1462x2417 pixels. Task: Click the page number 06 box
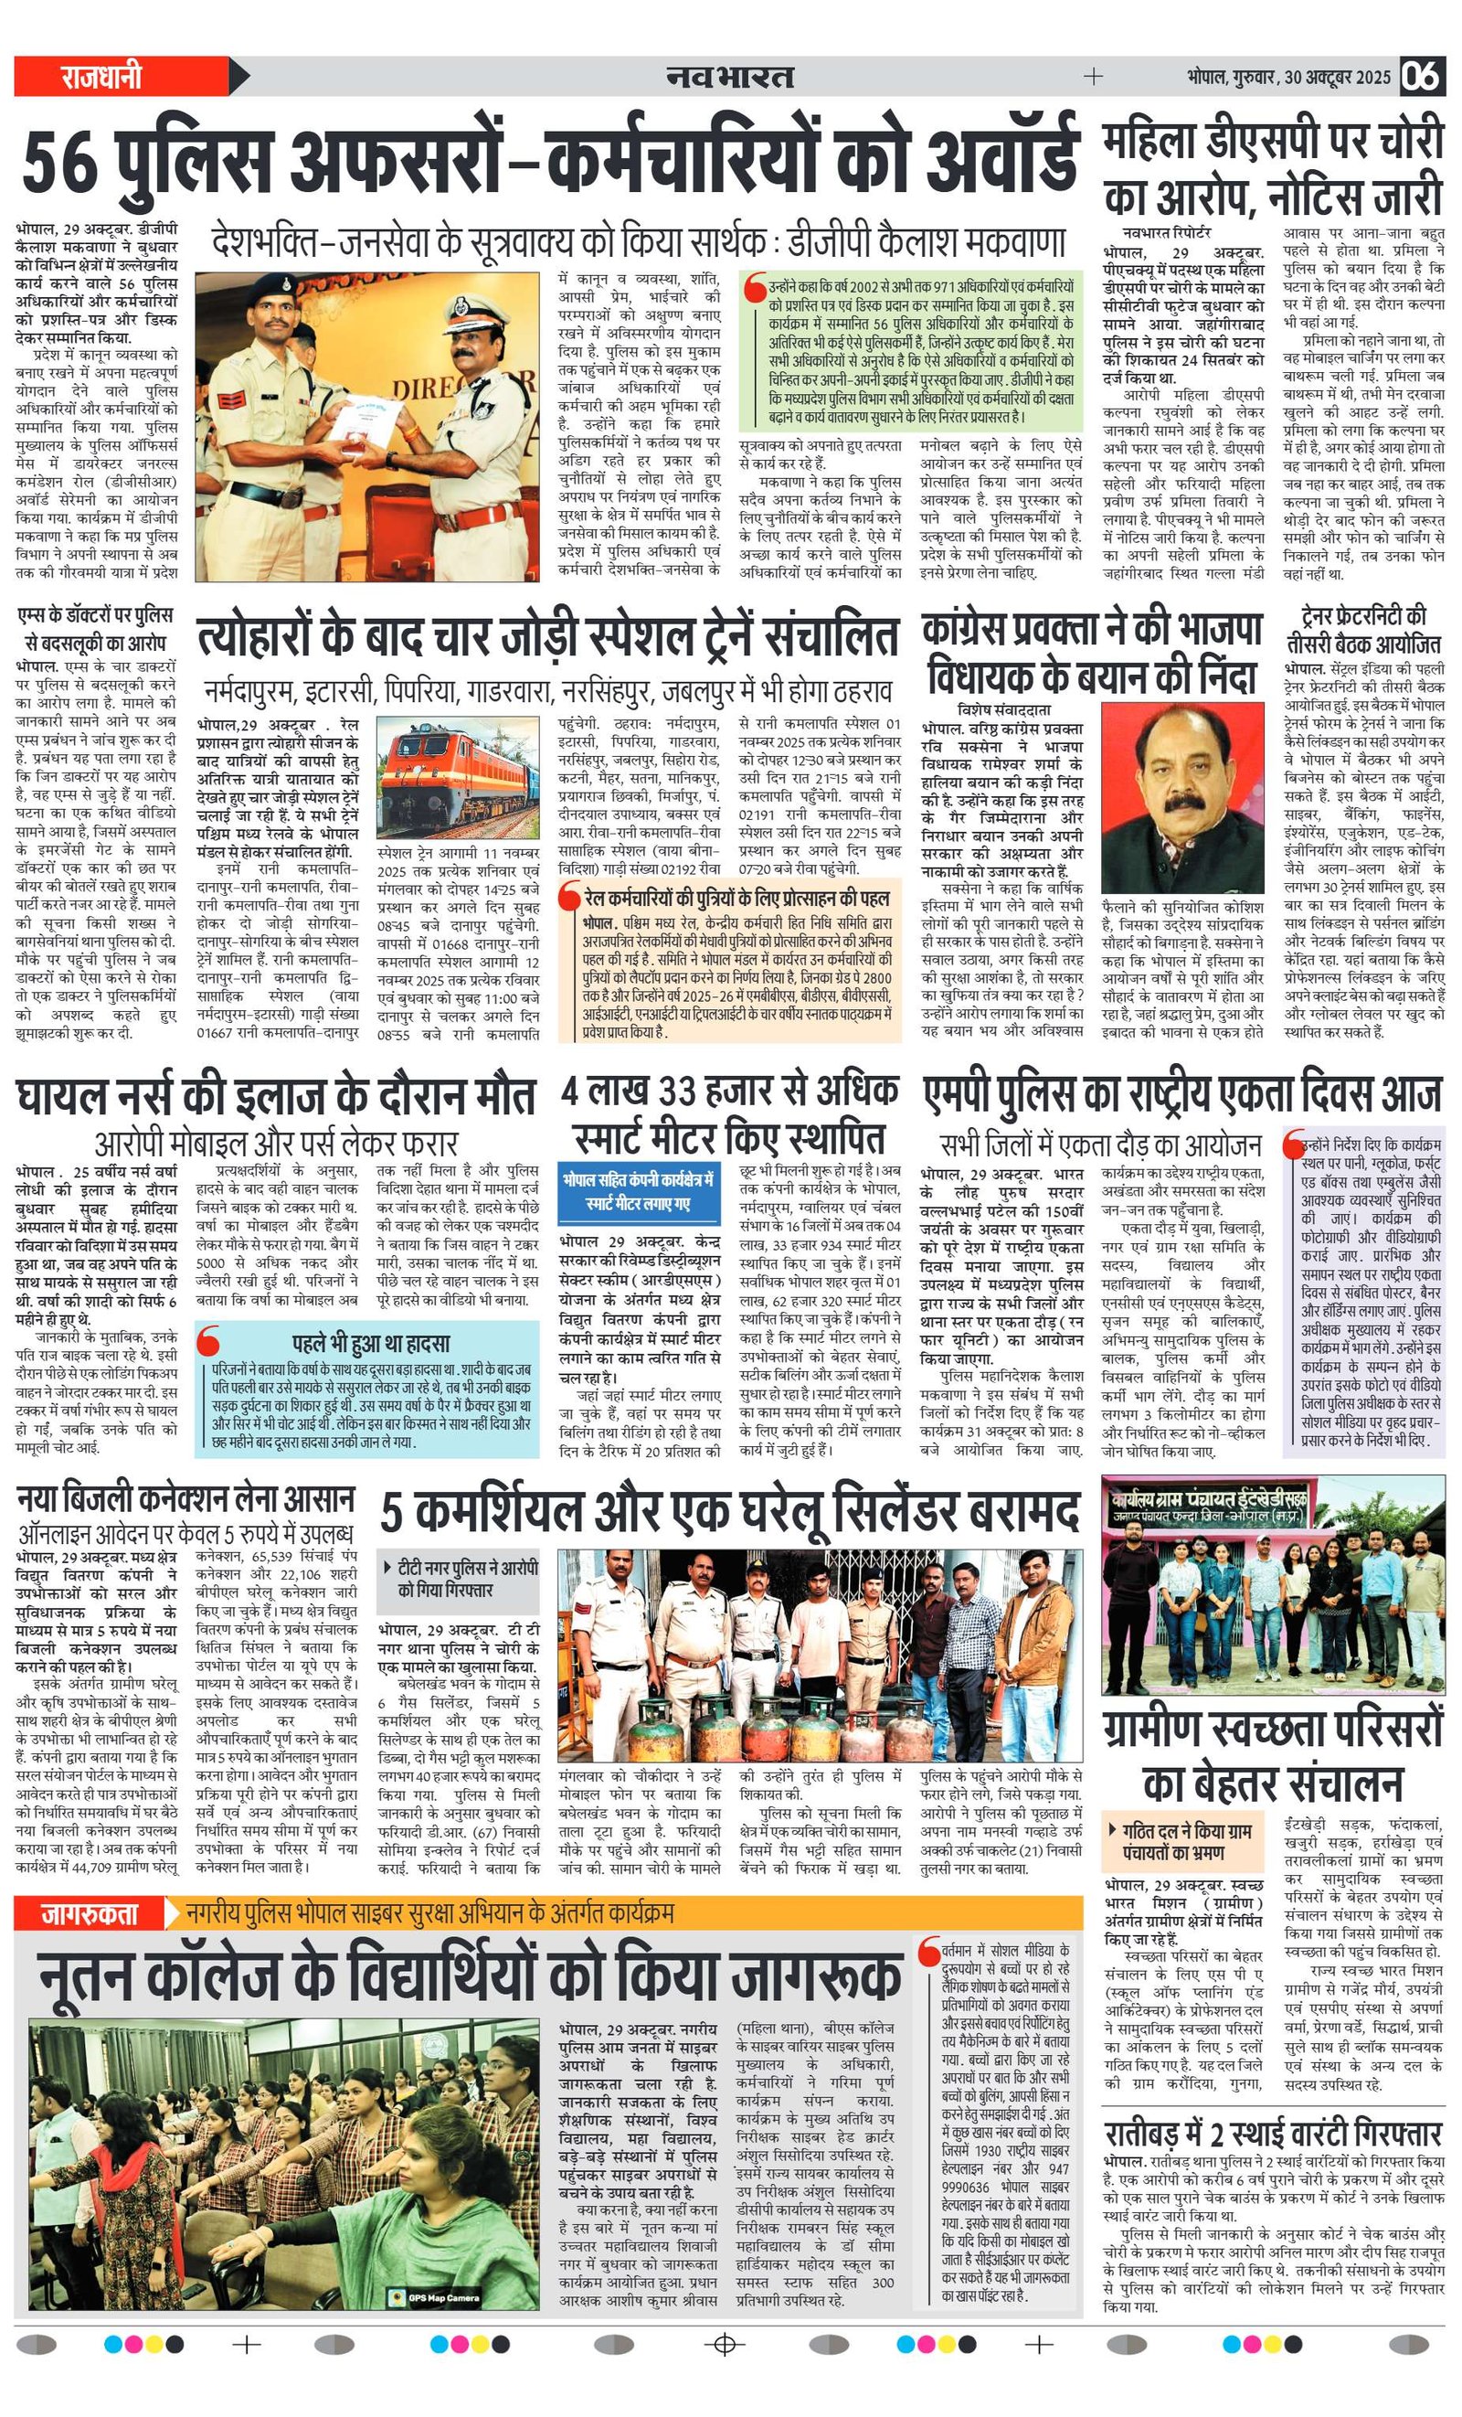point(1422,77)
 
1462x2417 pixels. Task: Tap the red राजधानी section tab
point(102,77)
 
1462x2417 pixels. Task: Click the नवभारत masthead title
point(729,77)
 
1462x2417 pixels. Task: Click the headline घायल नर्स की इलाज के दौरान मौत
point(277,1097)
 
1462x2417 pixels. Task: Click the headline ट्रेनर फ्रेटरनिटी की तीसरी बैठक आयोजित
point(1364,630)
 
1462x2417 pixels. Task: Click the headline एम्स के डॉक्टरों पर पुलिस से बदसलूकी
point(96,629)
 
